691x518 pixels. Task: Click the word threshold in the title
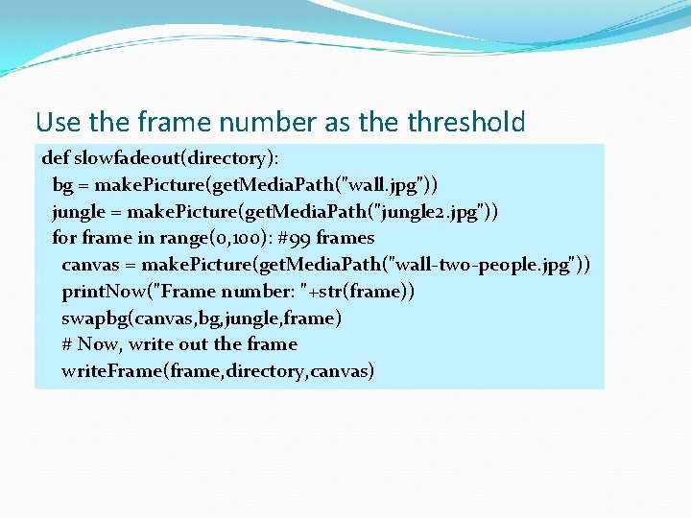tap(466, 123)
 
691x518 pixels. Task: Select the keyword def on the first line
tap(56, 158)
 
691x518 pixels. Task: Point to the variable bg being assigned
tap(62, 184)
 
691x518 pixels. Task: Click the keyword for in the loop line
tap(65, 238)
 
